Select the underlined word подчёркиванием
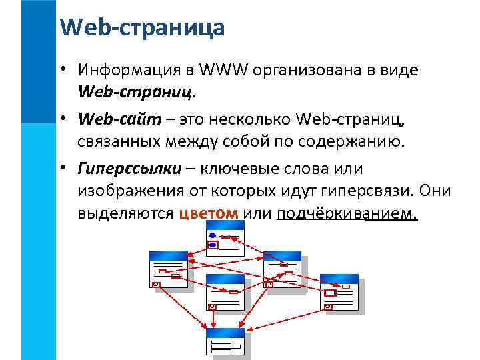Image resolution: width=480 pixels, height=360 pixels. pyautogui.click(x=347, y=213)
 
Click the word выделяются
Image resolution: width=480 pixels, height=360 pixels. pyautogui.click(x=125, y=213)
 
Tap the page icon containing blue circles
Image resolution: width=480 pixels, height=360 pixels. pyautogui.click(x=225, y=237)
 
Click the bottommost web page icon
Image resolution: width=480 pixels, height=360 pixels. pyautogui.click(x=225, y=342)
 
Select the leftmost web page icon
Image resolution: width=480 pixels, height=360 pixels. pyautogui.click(x=168, y=269)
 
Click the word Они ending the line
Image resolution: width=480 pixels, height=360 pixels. pyautogui.click(x=437, y=191)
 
